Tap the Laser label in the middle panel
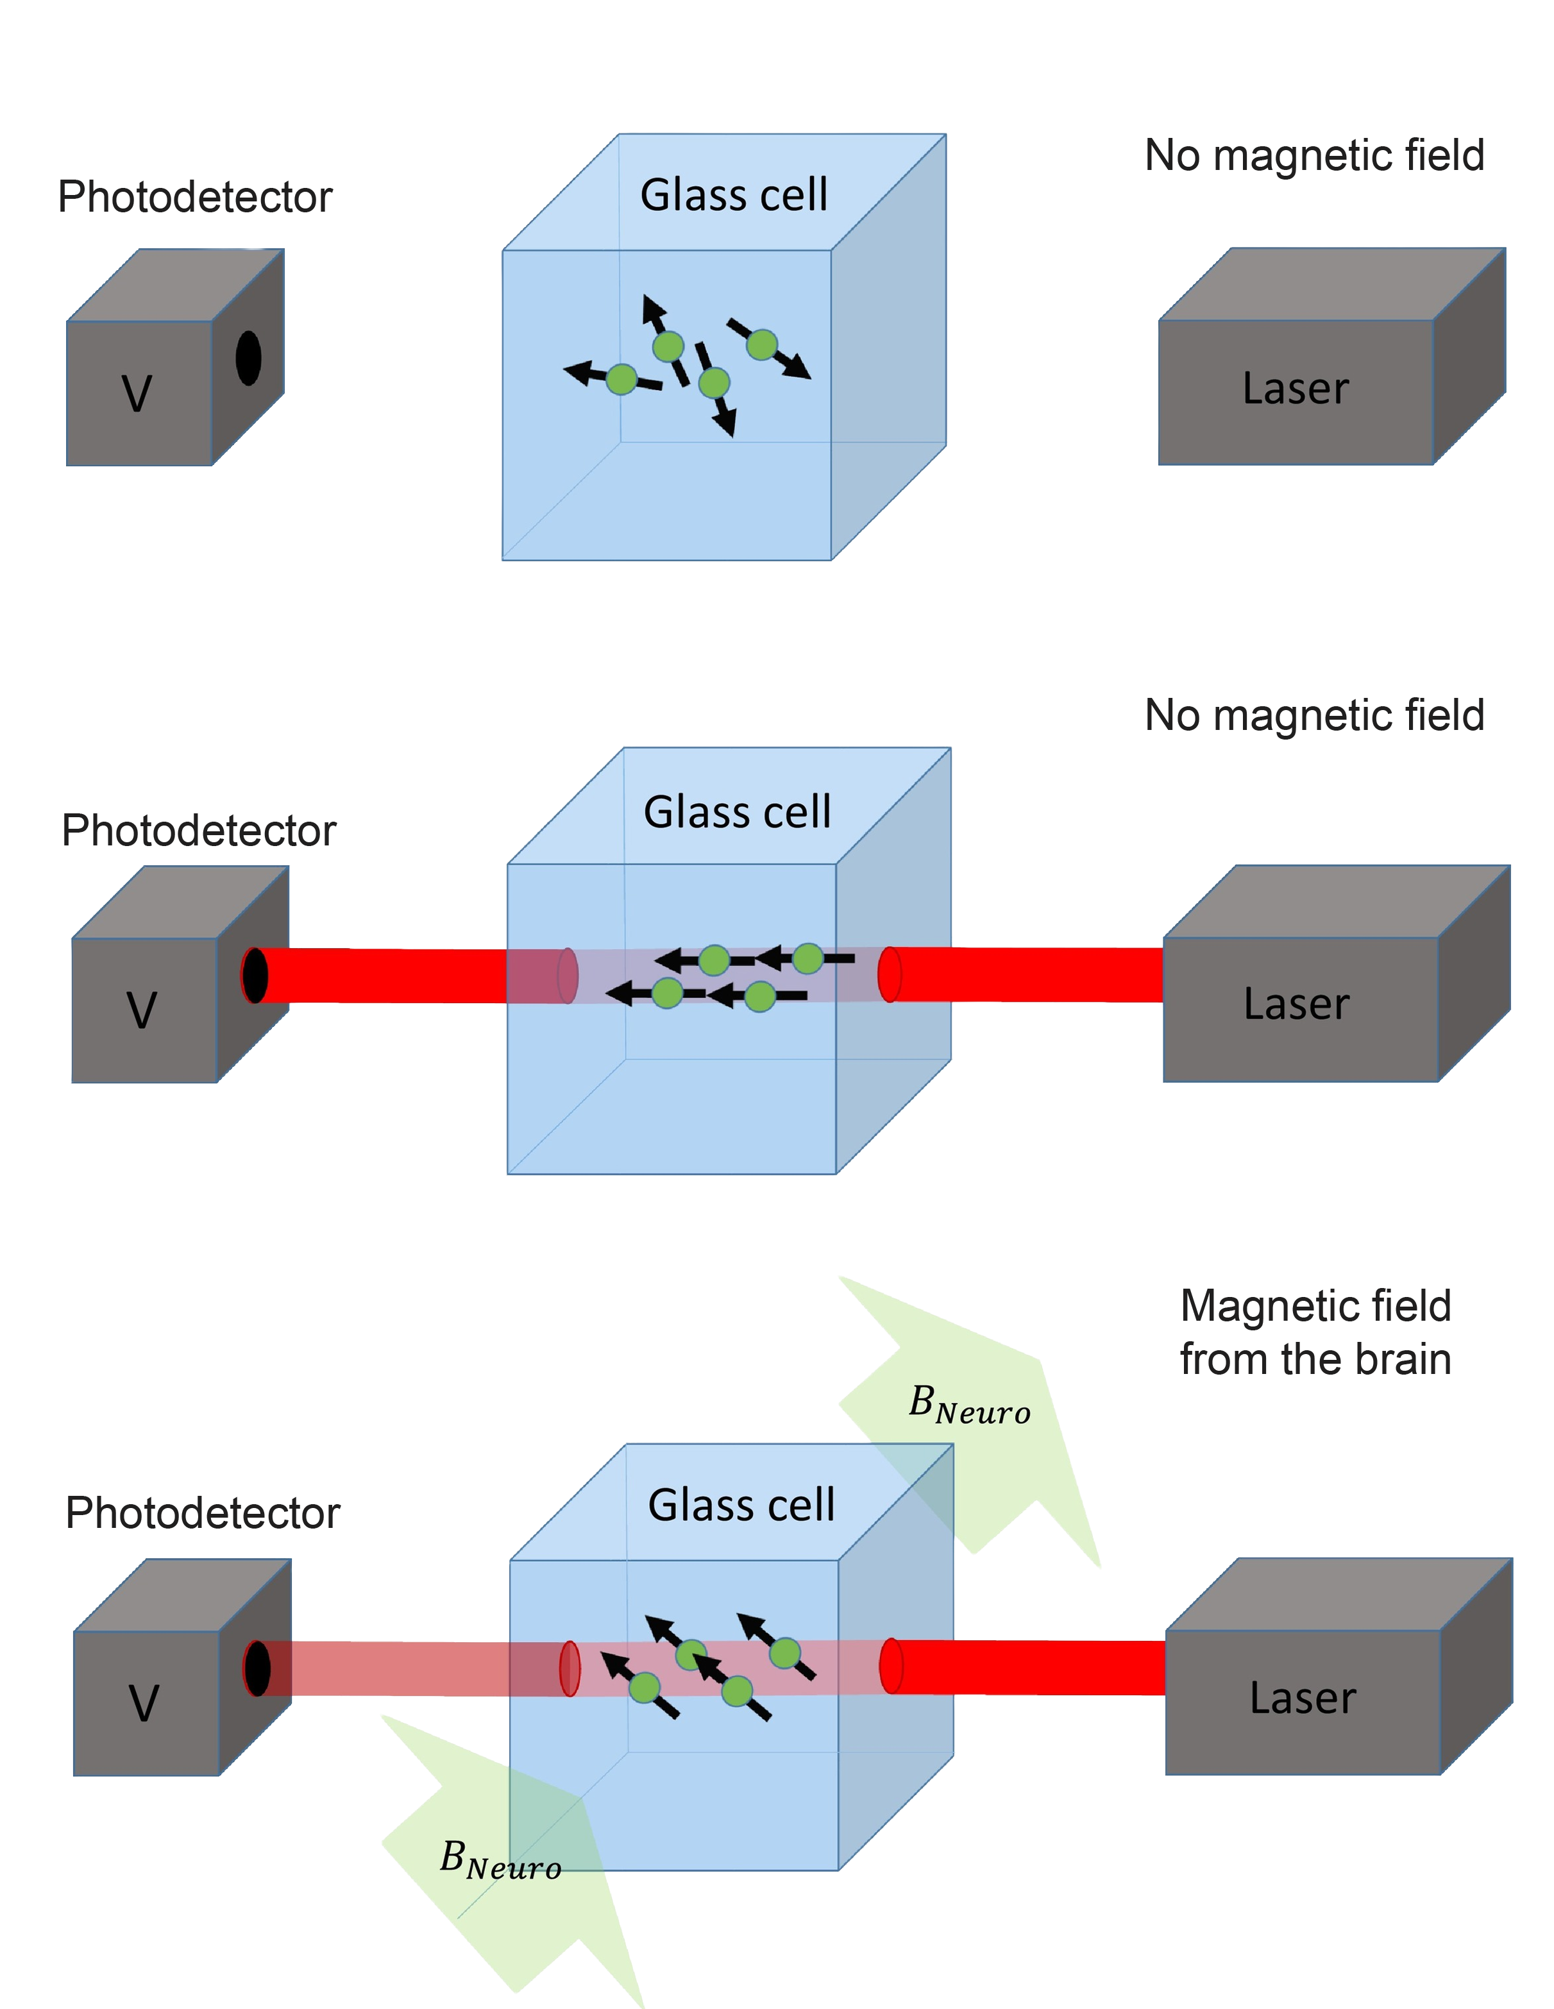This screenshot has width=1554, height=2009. point(1297,1004)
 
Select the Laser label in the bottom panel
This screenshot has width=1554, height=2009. point(1302,1697)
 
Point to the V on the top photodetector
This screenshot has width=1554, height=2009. point(137,394)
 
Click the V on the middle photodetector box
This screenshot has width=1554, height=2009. point(140,1010)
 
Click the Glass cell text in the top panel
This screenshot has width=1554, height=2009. point(734,195)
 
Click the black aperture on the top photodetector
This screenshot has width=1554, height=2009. point(248,358)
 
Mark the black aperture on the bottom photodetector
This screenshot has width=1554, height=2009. point(257,1668)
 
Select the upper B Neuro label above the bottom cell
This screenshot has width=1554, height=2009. point(969,1405)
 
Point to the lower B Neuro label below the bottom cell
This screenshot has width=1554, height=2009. point(500,1860)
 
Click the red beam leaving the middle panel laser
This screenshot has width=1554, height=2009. point(1026,974)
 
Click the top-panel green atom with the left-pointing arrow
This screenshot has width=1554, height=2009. point(621,379)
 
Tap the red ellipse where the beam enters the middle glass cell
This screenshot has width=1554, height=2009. point(889,974)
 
